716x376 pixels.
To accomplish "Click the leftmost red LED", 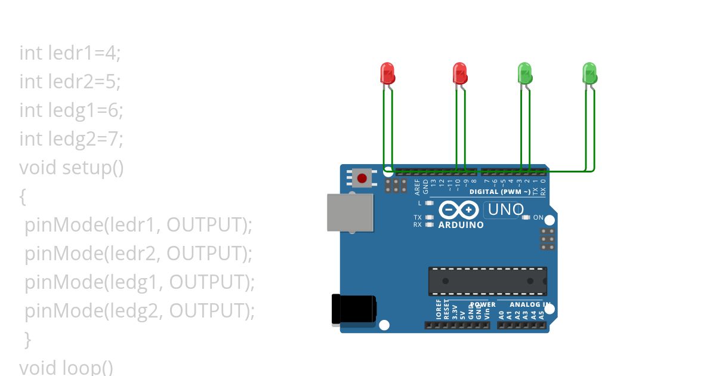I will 387,73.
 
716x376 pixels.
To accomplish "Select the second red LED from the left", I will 459,73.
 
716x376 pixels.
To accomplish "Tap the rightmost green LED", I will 590,73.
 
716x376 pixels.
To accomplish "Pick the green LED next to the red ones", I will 524,73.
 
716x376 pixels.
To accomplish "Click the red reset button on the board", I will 362,177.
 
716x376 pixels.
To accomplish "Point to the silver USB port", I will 350,212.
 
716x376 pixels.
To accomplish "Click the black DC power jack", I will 354,310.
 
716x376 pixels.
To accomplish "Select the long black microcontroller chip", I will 487,281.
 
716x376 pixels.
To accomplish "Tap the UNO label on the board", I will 506,209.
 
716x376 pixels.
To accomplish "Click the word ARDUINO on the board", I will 461,225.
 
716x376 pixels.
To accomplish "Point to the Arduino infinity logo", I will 459,210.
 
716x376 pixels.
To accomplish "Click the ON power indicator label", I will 538,218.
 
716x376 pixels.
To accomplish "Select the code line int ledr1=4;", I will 70,53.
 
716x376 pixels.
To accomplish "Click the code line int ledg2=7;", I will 71,138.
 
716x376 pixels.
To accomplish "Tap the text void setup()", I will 72,167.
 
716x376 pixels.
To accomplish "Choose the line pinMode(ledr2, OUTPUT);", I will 138,253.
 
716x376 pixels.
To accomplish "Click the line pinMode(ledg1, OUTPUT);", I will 140,282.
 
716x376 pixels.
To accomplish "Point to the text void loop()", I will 66,366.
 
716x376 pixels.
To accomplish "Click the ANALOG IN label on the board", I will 530,304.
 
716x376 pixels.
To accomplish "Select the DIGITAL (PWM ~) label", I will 499,192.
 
